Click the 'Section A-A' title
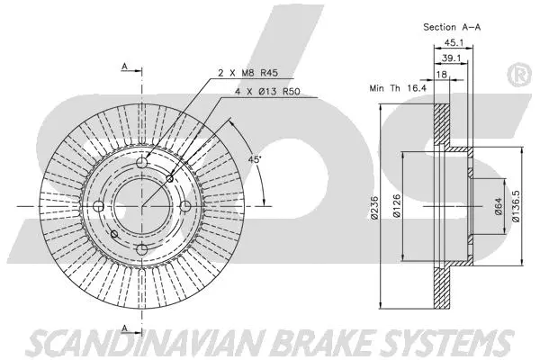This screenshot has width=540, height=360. [x=455, y=27]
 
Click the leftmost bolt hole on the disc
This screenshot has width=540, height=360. [x=98, y=207]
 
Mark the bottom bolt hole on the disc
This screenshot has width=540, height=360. [x=140, y=249]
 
